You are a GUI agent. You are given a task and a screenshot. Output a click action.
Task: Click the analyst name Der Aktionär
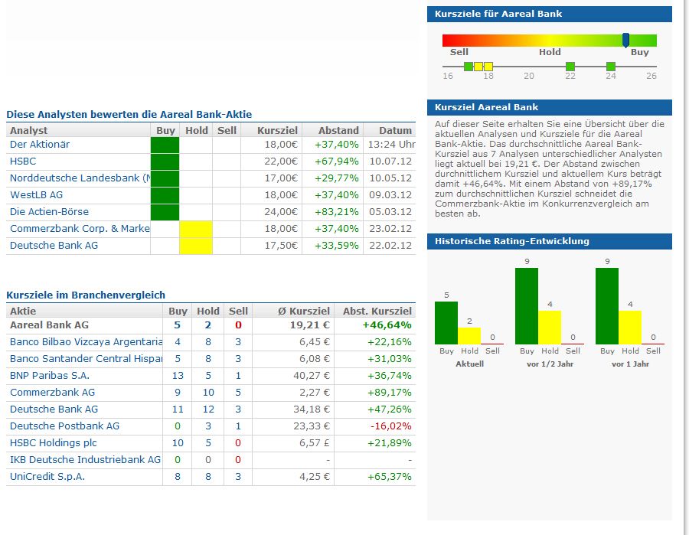pyautogui.click(x=40, y=145)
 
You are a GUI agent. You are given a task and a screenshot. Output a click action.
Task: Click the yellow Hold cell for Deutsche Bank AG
pyautogui.click(x=195, y=246)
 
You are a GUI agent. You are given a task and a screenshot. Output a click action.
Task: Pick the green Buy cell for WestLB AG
pyautogui.click(x=165, y=195)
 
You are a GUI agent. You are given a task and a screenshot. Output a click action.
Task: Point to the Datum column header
pyautogui.click(x=395, y=131)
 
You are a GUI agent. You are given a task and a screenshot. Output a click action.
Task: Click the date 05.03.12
pyautogui.click(x=390, y=212)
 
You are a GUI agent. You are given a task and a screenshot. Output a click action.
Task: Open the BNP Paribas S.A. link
pyautogui.click(x=50, y=376)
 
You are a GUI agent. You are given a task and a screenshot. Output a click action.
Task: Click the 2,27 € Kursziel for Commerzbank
pyautogui.click(x=313, y=393)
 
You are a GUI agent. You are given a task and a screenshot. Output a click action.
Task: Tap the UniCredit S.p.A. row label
pyautogui.click(x=47, y=477)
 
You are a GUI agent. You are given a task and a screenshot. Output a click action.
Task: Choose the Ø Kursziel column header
pyautogui.click(x=304, y=312)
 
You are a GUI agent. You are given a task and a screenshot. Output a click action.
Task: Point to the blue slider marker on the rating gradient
pyautogui.click(x=625, y=40)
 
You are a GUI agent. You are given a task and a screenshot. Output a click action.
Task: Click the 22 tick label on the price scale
pyautogui.click(x=570, y=76)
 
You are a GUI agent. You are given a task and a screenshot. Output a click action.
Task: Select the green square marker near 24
pyautogui.click(x=610, y=67)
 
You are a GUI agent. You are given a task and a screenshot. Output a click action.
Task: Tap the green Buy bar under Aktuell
pyautogui.click(x=446, y=322)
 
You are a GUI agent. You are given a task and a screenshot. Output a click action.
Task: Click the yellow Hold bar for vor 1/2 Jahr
pyautogui.click(x=550, y=327)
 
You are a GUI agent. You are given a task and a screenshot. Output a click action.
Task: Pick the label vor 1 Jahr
pyautogui.click(x=630, y=364)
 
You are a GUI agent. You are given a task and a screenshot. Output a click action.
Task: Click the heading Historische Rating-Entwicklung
pyautogui.click(x=512, y=241)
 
